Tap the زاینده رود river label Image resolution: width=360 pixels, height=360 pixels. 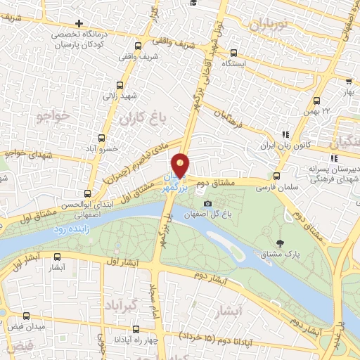tap(70, 229)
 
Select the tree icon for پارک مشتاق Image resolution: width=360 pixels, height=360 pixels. tap(281, 243)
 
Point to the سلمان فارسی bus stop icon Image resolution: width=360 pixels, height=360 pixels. tap(276, 176)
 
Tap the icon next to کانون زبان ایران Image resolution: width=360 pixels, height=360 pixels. tap(285, 134)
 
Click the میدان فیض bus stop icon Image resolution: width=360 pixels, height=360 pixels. tap(27, 316)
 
